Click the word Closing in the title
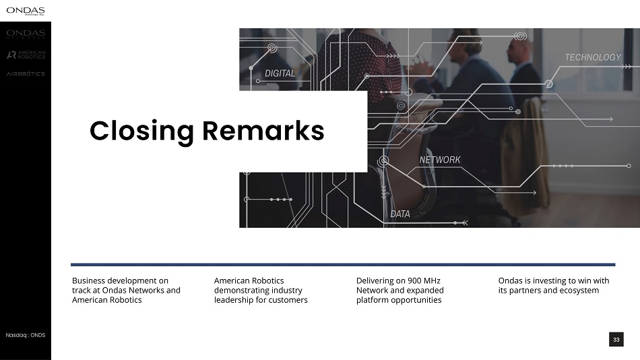tap(141, 131)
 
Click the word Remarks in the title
tap(263, 131)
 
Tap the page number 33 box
tap(616, 340)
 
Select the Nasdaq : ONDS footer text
tap(26, 335)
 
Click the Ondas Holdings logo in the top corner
tap(26, 11)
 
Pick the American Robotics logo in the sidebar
tap(26, 55)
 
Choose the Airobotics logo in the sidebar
tap(26, 73)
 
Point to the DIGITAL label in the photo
tap(280, 73)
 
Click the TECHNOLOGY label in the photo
tap(593, 57)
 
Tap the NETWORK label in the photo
tap(440, 160)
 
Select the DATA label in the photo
tap(400, 214)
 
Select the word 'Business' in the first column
tap(88, 280)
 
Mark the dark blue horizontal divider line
tap(343, 265)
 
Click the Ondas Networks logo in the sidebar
tap(26, 34)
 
